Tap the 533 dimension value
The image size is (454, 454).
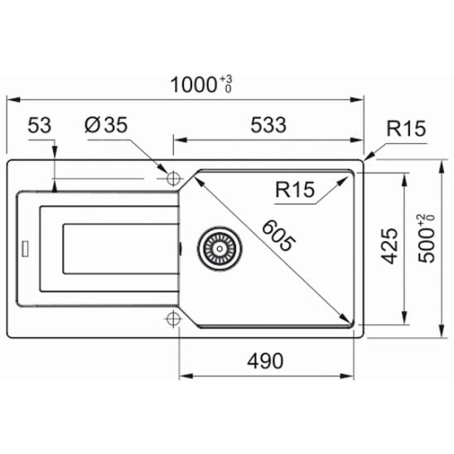(x=267, y=126)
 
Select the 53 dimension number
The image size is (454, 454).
(x=40, y=126)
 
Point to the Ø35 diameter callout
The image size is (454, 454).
(x=104, y=126)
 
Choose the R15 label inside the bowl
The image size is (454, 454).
(x=295, y=190)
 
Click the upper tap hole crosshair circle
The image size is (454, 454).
(x=173, y=178)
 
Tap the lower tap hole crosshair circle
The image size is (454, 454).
(x=173, y=317)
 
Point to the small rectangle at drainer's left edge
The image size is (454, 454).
(x=27, y=246)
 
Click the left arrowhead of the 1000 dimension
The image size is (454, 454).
(x=12, y=100)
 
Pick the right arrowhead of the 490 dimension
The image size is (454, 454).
(x=352, y=377)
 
